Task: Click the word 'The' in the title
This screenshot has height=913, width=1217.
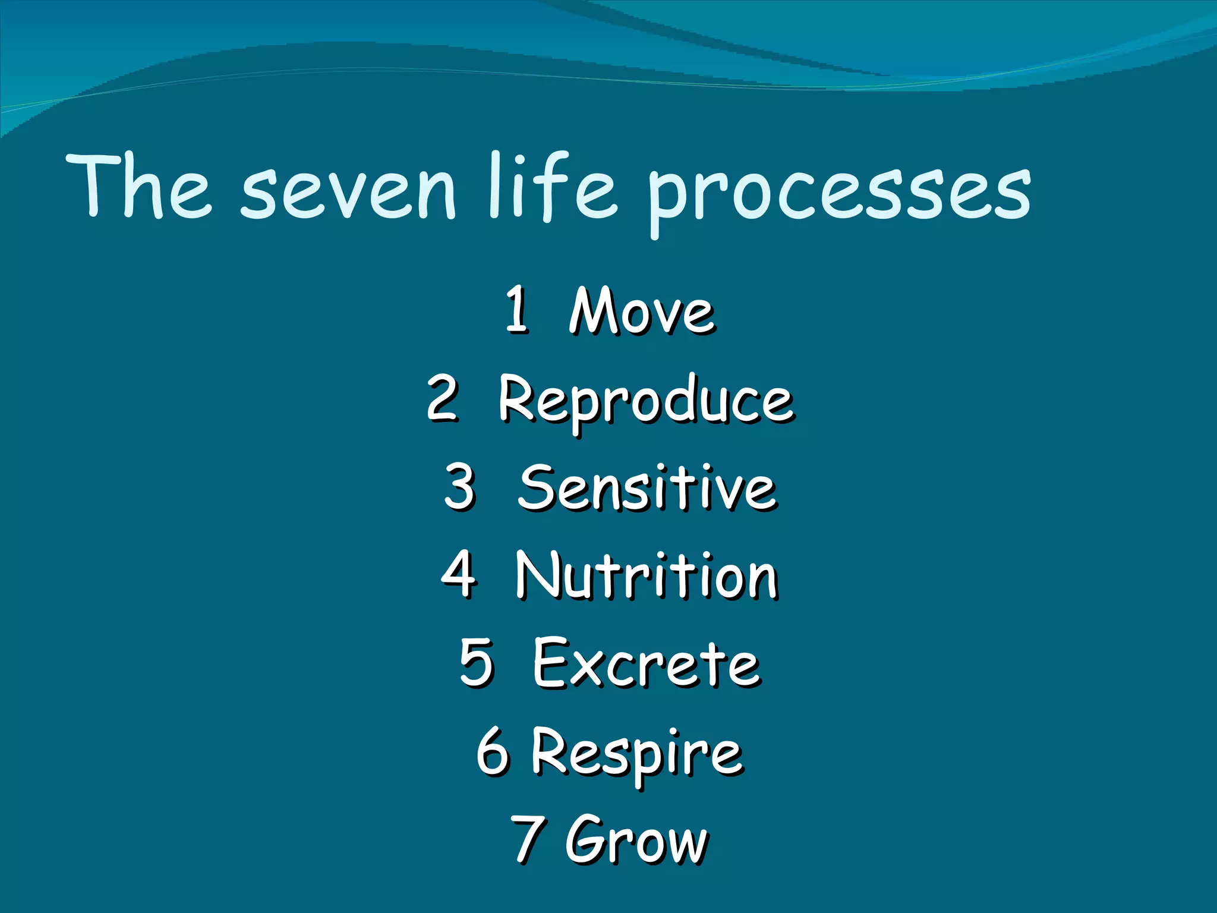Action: [x=140, y=187]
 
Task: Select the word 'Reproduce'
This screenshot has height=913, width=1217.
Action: [x=645, y=401]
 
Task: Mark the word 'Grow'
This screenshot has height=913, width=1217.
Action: [x=636, y=839]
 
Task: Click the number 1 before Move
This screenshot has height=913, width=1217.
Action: [x=517, y=309]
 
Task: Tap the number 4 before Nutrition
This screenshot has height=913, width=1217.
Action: [x=459, y=574]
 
